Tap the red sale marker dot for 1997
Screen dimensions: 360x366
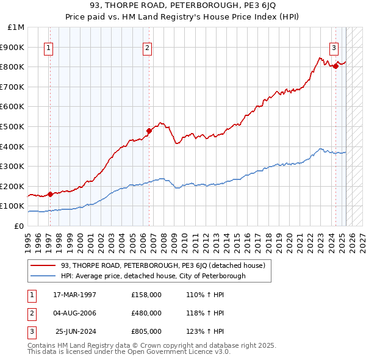click(50, 195)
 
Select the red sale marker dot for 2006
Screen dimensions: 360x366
click(148, 131)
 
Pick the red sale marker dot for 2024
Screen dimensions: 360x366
click(335, 66)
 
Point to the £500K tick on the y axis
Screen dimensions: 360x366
click(13, 126)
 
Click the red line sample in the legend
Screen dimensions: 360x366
click(43, 266)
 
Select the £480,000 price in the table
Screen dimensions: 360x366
click(146, 313)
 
